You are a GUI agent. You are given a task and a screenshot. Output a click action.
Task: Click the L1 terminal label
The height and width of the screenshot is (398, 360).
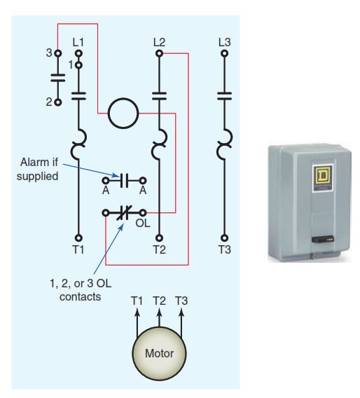[78, 41]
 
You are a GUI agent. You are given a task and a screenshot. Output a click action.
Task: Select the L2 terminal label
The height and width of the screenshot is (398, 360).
[159, 41]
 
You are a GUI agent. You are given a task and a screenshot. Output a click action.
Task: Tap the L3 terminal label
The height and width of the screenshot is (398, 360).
[223, 41]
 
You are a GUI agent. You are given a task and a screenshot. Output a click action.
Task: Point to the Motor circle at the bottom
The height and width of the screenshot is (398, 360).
[159, 353]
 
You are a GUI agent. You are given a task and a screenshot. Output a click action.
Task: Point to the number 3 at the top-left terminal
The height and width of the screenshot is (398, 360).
[49, 53]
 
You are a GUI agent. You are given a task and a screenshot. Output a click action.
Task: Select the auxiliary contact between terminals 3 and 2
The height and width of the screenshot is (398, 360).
[57, 78]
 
